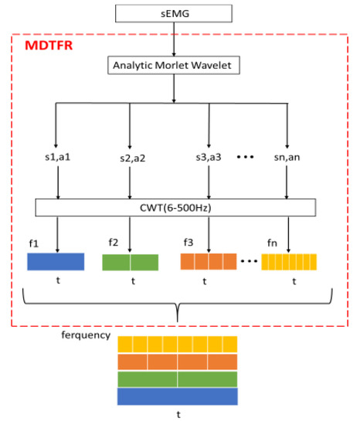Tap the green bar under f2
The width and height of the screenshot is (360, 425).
click(131, 262)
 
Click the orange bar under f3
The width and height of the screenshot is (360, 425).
click(208, 262)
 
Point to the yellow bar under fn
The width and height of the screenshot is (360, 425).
click(289, 262)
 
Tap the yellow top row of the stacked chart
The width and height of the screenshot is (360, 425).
click(178, 345)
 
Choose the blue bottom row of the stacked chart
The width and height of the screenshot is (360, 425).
click(178, 396)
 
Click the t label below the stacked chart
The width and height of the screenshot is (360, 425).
click(178, 414)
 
